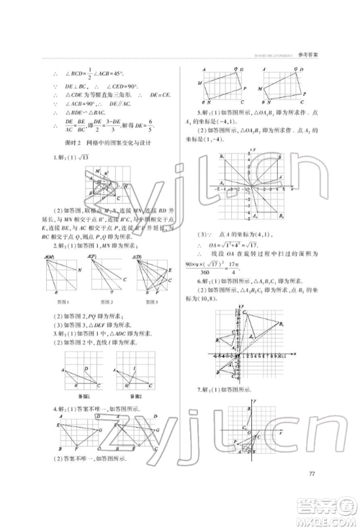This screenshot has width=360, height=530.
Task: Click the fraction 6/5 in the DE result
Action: (x=170, y=126)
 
